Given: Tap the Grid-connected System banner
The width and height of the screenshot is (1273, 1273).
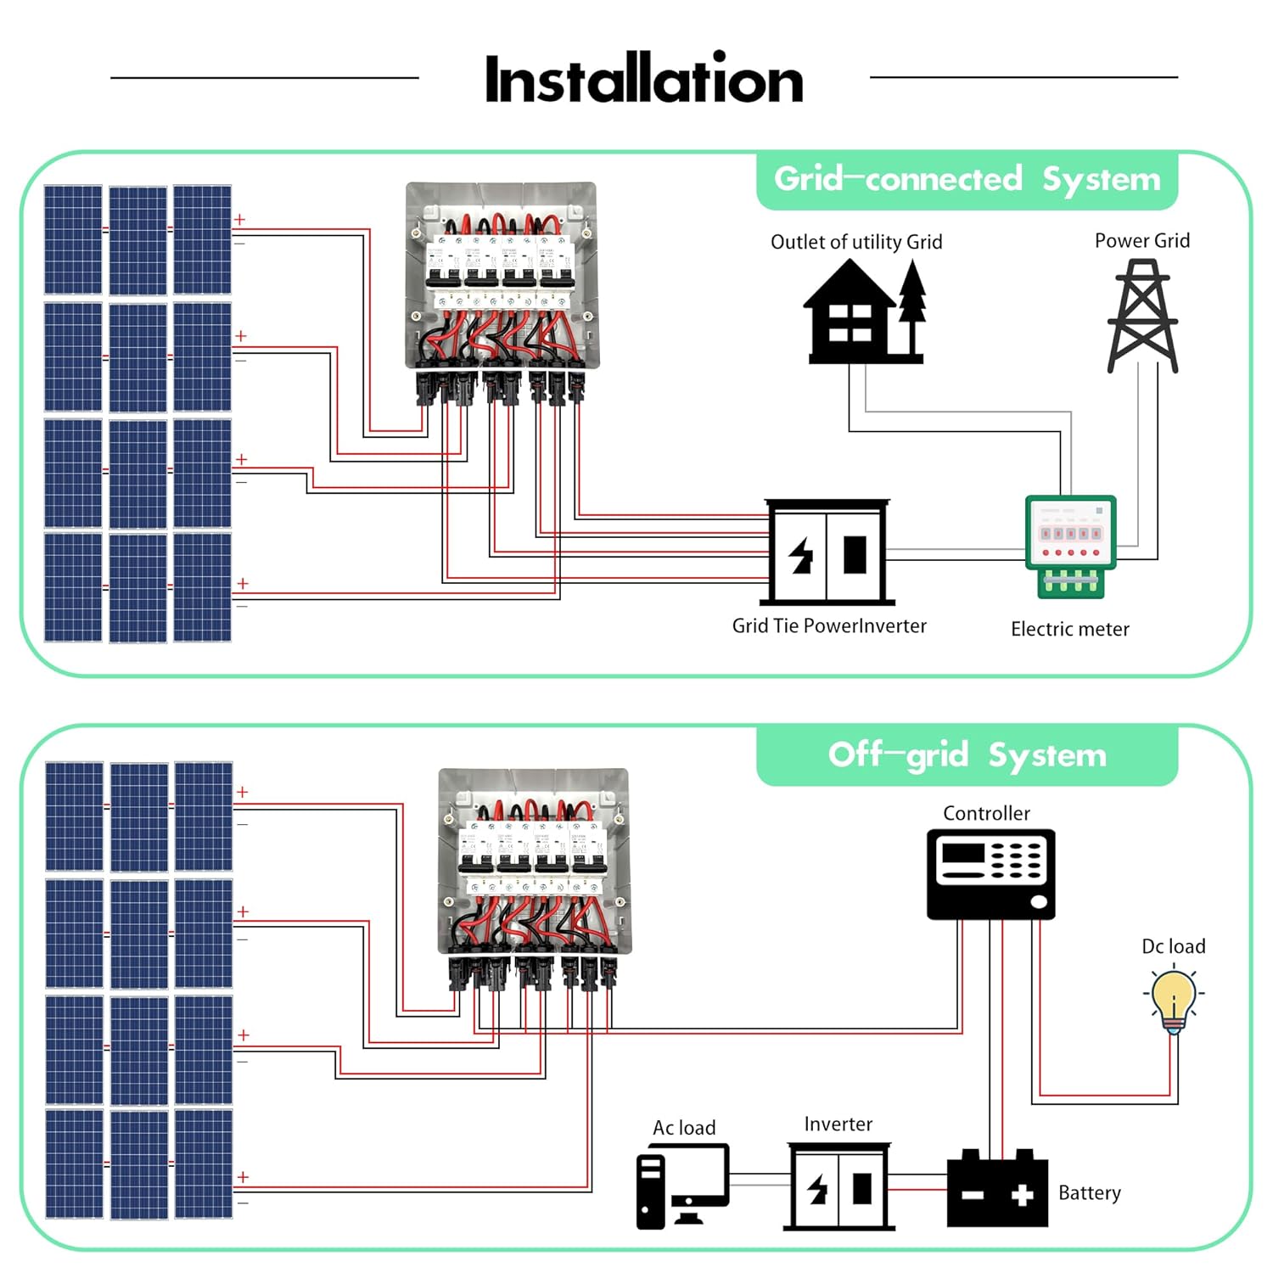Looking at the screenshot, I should pos(967,180).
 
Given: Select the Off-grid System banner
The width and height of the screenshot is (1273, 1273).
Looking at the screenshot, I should pos(967,755).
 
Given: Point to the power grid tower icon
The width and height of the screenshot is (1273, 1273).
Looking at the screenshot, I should pos(1142,317).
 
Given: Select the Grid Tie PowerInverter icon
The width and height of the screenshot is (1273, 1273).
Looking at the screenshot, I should pos(828,552).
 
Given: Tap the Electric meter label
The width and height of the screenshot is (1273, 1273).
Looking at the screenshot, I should pos(1069,630).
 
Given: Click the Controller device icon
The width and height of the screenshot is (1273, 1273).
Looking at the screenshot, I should pos(990,874).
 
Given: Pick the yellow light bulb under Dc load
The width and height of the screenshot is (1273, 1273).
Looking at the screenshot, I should pos(1174,1001).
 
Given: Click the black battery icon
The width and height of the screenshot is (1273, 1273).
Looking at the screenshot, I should pos(997,1189).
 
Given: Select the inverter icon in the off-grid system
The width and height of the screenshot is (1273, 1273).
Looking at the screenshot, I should pos(838,1186).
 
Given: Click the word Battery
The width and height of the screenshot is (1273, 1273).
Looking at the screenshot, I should pos(1089,1193).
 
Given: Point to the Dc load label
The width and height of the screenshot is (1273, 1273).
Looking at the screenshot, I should pos(1173,947).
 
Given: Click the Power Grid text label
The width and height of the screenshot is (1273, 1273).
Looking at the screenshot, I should pos(1141,241).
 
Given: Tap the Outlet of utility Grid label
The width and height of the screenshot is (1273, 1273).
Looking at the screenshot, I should pos(856,243).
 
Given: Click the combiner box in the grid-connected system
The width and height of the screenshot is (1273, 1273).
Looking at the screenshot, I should pos(501,276).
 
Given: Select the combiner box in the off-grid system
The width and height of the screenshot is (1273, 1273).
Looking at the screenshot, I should pos(534,861).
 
